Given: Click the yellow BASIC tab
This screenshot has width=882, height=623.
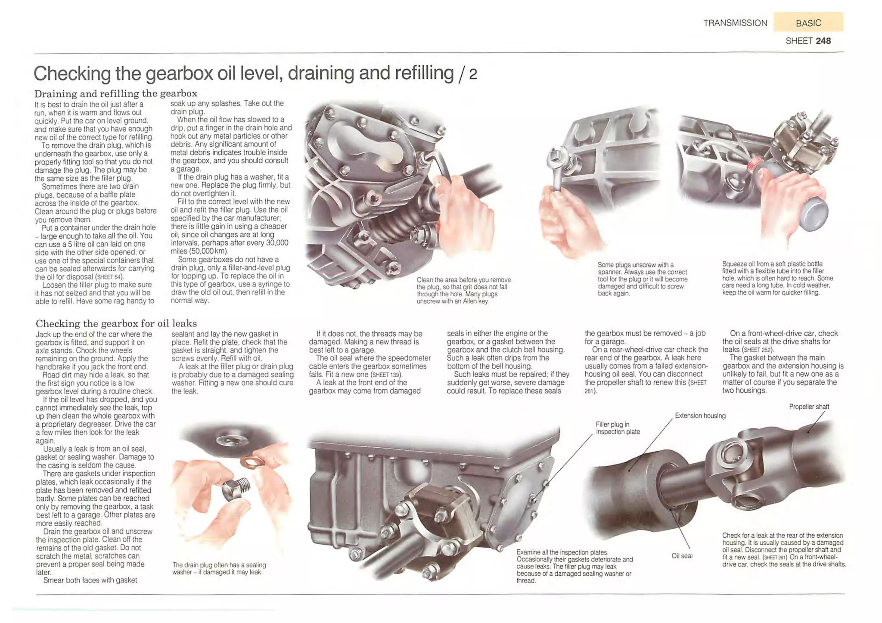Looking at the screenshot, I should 808,23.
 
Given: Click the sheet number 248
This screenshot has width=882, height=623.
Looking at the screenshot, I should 823,41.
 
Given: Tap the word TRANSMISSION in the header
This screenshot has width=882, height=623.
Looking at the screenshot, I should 735,23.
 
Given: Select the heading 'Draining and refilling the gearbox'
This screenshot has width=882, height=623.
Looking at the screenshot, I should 116,93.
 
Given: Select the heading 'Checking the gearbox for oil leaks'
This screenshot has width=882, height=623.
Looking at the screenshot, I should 116,323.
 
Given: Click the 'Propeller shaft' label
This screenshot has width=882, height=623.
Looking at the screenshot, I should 809,407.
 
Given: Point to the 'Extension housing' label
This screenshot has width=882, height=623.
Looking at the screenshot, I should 700,416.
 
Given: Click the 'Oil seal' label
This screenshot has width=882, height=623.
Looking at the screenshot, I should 682,556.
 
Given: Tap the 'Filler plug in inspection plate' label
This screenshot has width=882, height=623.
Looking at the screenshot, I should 618,428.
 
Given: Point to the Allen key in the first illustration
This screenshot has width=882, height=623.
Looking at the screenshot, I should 439,161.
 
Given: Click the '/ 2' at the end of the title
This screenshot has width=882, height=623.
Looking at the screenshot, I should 468,74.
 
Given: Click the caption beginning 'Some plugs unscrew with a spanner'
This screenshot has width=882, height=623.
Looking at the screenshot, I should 642,279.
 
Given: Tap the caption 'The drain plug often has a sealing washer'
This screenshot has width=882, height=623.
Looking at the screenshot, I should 219,568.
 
